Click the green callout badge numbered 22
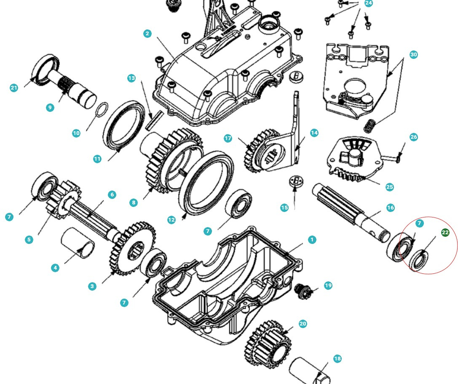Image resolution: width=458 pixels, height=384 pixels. pos(445,233)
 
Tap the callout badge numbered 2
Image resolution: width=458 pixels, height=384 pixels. pos(147,34)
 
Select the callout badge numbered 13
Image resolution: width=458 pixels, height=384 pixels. pos(131,78)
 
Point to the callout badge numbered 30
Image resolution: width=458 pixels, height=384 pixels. pos(413,55)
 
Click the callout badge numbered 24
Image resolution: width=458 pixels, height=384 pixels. pos(368,3)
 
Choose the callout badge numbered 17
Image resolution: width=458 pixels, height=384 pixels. pos(228,138)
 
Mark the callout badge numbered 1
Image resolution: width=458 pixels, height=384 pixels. pos(312,239)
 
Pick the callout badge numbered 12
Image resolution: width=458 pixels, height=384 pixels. pos(171,220)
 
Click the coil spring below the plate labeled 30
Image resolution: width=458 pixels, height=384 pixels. pos(370,125)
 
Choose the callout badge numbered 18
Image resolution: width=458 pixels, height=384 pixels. pos(337,359)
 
